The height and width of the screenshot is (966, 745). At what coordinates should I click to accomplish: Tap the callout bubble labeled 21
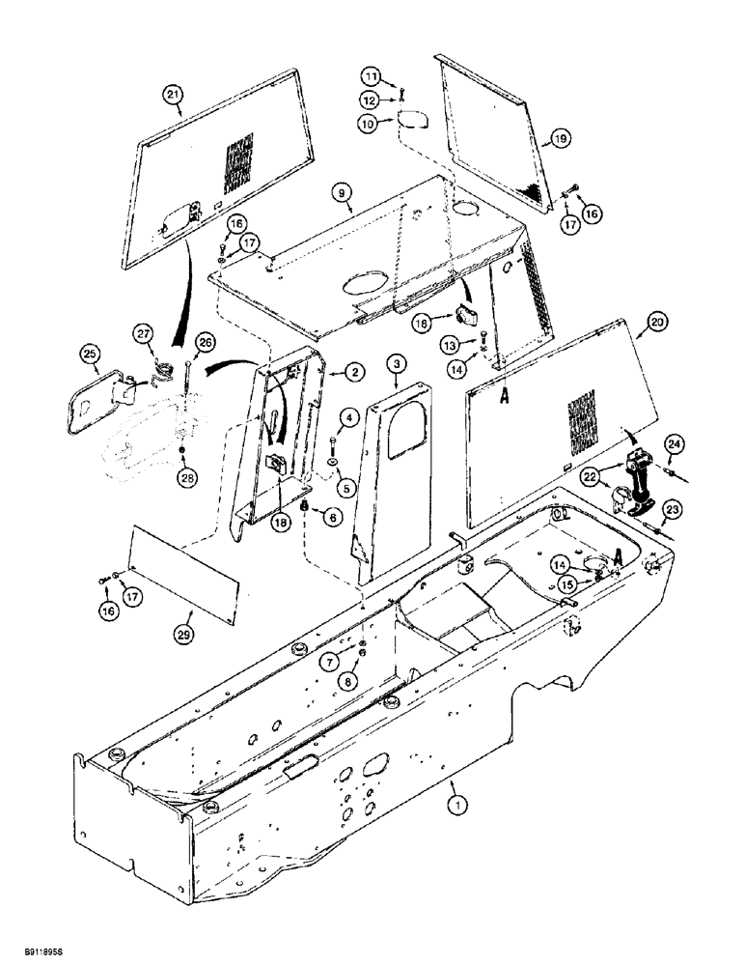pos(173,94)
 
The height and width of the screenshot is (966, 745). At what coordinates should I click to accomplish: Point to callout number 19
pos(563,139)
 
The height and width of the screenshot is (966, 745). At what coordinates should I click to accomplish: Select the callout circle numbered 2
pos(328,372)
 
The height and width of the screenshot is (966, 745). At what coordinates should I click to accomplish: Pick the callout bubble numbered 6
pos(334,518)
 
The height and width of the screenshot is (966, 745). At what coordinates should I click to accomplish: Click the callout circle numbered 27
pos(144,335)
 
